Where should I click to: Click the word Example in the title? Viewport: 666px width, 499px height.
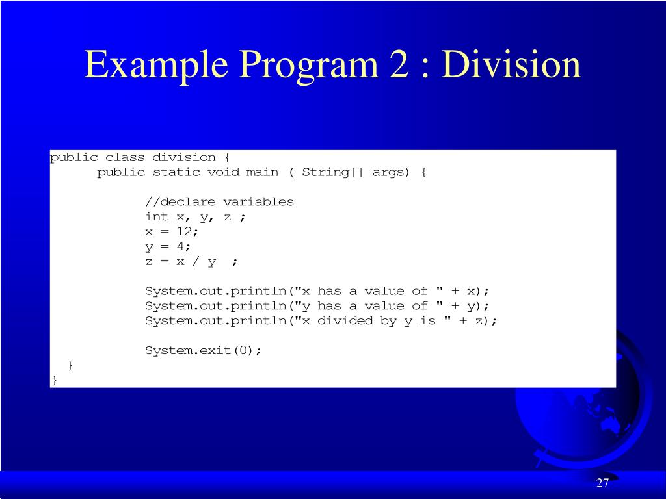157,65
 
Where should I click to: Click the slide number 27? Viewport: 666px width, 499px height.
602,483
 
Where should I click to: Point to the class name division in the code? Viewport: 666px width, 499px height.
184,157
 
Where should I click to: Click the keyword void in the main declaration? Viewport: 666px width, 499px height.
223,172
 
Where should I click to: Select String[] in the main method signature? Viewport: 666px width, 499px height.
332,172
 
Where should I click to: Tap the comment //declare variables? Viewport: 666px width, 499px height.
219,201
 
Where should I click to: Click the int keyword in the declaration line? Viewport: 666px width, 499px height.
156,216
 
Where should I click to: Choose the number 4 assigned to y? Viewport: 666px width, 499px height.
180,246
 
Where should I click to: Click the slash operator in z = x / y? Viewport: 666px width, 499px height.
196,261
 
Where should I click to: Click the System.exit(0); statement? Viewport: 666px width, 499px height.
203,350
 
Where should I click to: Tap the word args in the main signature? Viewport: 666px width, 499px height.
387,172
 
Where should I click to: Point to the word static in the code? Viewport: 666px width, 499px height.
176,172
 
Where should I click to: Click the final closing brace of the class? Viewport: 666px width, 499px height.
55,380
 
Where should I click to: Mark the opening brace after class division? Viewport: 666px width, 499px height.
227,157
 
